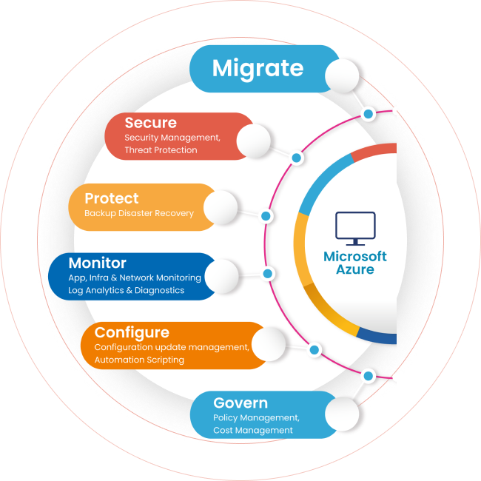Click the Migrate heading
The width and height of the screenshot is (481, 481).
(258, 68)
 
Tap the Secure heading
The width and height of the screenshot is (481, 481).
(150, 123)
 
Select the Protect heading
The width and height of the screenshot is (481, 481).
(111, 198)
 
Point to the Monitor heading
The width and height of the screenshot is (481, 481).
(97, 263)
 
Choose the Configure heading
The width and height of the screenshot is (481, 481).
(132, 332)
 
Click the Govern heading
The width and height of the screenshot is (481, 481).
(240, 403)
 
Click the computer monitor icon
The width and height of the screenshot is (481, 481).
(355, 228)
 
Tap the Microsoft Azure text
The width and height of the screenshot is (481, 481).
(355, 263)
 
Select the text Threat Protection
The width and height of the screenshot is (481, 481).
(161, 150)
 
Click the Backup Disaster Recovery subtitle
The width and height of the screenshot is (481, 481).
(139, 213)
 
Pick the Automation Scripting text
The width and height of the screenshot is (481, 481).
(139, 360)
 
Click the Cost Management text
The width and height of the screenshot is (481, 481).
(253, 430)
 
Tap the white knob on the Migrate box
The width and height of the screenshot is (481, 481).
(342, 75)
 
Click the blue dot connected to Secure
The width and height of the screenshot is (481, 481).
(297, 158)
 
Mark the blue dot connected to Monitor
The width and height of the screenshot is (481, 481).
(269, 274)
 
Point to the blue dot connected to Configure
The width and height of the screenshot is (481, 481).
(314, 349)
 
